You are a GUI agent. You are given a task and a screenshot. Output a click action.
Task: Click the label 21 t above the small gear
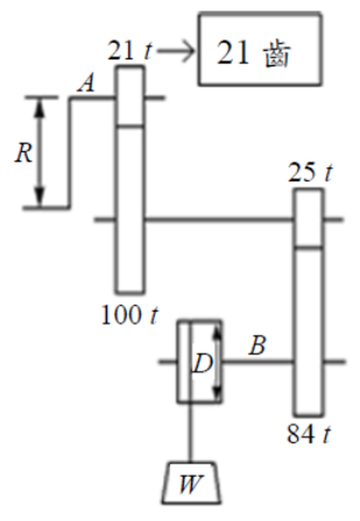[x=130, y=51]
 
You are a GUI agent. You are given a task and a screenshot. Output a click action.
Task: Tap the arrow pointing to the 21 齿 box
[x=175, y=51]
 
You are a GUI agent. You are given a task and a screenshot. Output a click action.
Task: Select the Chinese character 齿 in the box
[x=277, y=55]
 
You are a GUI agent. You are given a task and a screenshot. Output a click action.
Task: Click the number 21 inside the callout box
[x=233, y=53]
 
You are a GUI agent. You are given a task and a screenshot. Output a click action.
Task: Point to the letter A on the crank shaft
[x=86, y=83]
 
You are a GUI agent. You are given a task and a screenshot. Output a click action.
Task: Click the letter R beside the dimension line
[x=23, y=154]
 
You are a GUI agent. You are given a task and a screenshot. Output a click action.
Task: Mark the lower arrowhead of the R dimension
[x=40, y=198]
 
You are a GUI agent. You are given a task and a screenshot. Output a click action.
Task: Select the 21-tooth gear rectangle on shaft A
[x=130, y=96]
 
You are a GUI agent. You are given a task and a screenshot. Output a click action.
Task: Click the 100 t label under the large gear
[x=130, y=315]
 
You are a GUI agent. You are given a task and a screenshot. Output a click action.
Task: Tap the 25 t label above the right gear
[x=310, y=173]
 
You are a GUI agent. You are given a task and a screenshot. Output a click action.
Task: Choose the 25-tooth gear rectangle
[x=309, y=218]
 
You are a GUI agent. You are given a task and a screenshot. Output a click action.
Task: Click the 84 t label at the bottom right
[x=310, y=435]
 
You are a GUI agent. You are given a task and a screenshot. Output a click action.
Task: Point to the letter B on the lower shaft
[x=257, y=346]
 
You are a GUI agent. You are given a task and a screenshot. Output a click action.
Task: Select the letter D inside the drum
[x=202, y=364]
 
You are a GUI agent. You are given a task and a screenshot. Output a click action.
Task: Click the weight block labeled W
[x=191, y=483]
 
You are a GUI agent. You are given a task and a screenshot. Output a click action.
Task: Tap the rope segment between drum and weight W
[x=191, y=433]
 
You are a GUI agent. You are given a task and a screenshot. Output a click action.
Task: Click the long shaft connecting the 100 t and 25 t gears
[x=220, y=220]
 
